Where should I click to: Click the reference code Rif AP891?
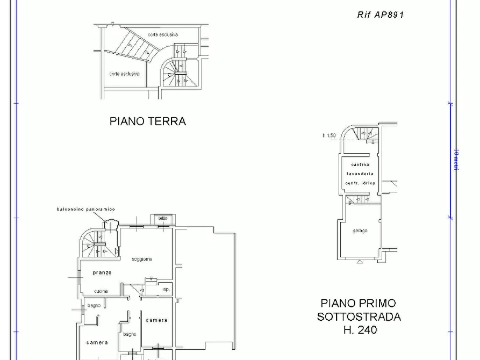(380, 15)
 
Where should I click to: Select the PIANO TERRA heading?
(148, 121)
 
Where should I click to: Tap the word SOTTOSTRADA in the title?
(359, 316)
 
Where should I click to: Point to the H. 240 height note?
(360, 330)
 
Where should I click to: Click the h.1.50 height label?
(329, 135)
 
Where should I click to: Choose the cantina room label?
(360, 164)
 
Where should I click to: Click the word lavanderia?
(360, 174)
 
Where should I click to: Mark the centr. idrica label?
(360, 183)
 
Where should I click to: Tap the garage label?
(360, 231)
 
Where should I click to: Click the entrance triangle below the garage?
(359, 262)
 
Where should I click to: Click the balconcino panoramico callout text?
(86, 208)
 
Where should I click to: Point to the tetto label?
(162, 218)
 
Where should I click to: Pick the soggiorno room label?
(142, 259)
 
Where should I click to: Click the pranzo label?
(102, 272)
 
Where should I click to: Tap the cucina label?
(101, 291)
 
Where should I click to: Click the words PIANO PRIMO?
(358, 304)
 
